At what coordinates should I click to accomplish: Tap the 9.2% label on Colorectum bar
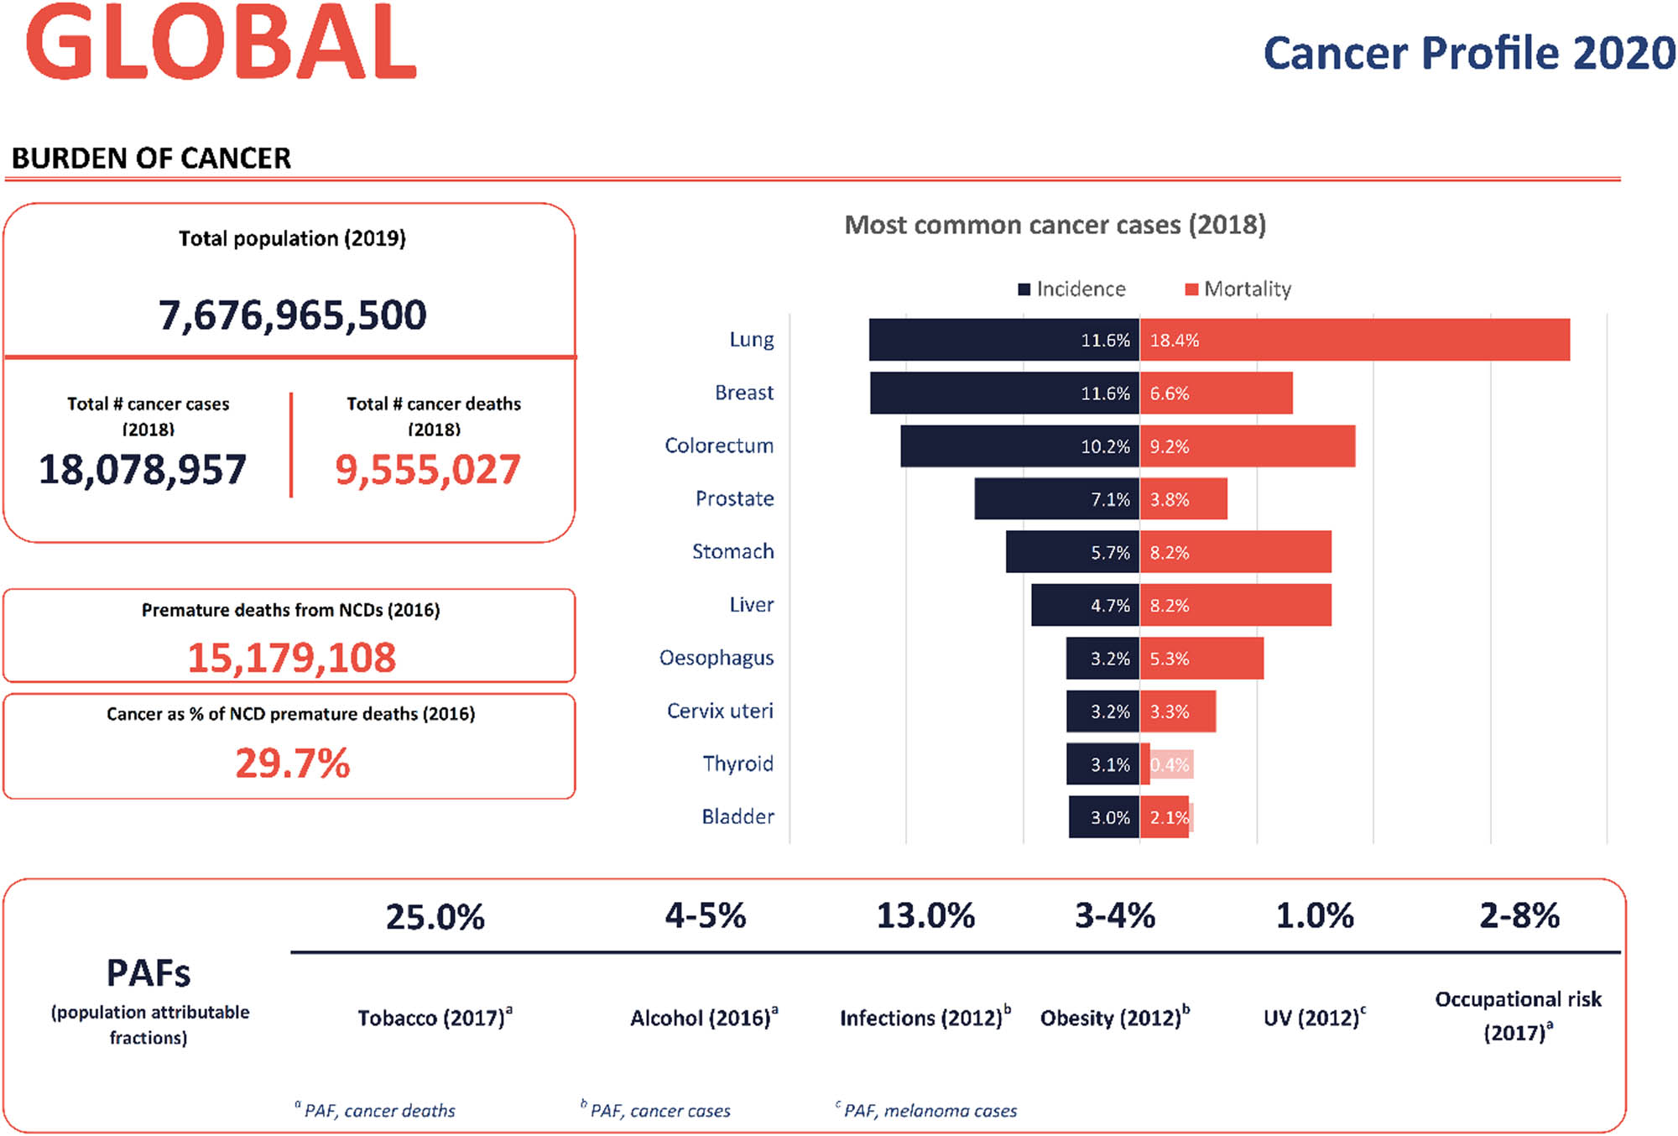coord(1170,446)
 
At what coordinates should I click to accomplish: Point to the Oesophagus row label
coord(717,658)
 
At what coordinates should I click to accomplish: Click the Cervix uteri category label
coord(720,711)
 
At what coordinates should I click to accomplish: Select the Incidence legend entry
coord(1071,289)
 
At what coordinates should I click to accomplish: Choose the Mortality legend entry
coord(1238,289)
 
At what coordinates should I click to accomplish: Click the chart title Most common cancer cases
coord(1055,225)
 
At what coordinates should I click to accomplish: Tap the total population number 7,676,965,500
coord(292,315)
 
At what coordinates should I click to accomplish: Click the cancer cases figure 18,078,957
coord(143,469)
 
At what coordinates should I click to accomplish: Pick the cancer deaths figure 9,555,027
coord(428,469)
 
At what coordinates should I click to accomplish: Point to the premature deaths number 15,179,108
coord(291,657)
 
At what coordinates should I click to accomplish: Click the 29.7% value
coord(292,763)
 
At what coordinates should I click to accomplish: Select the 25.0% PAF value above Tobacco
coord(435,917)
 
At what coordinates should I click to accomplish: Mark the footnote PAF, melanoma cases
coord(929,1111)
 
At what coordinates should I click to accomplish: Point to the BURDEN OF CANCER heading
coord(151,159)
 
